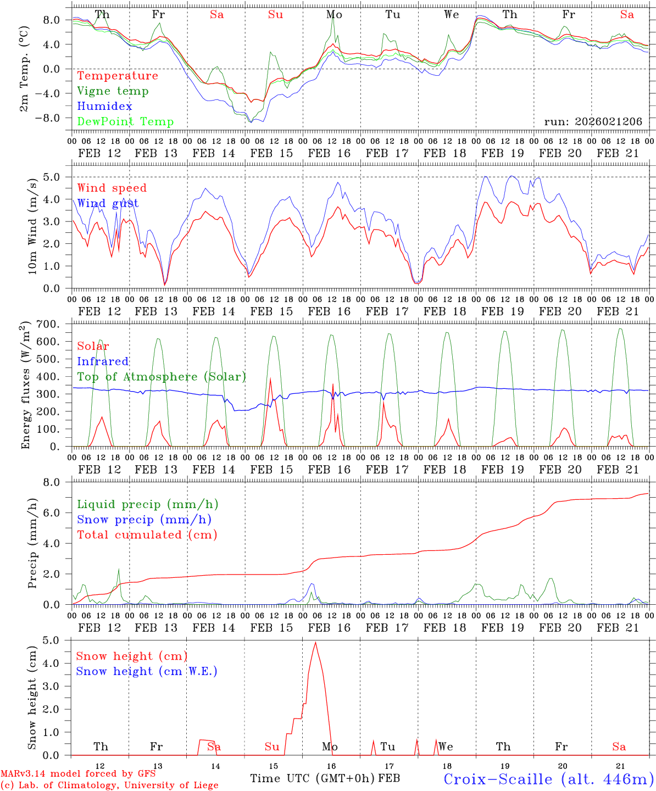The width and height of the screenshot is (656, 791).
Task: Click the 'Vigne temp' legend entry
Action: coord(113,91)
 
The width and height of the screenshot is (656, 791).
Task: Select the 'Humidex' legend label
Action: coord(104,107)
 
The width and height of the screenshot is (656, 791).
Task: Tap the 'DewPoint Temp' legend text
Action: coord(125,122)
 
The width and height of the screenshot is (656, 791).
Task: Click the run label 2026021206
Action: coord(593,122)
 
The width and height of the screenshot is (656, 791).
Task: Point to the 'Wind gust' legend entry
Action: coord(108,203)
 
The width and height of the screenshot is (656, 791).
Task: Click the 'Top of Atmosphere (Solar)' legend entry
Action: coord(162,377)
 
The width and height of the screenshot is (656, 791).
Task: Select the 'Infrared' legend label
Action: coord(103,361)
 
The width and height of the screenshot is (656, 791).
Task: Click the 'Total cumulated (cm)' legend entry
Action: coord(147,534)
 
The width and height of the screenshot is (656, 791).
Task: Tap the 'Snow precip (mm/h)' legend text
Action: coord(144,520)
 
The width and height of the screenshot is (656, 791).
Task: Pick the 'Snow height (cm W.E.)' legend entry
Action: coord(147,671)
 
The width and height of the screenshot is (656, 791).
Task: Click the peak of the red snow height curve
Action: coord(315,642)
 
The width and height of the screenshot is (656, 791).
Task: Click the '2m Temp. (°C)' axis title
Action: coord(25,70)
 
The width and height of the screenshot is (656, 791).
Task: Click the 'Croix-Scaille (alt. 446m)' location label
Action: coord(548,779)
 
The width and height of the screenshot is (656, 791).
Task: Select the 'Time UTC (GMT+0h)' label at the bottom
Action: coord(312,778)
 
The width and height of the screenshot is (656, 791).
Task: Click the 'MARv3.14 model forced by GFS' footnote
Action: coord(78,774)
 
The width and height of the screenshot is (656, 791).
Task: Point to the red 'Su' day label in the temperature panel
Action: coord(275,15)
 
